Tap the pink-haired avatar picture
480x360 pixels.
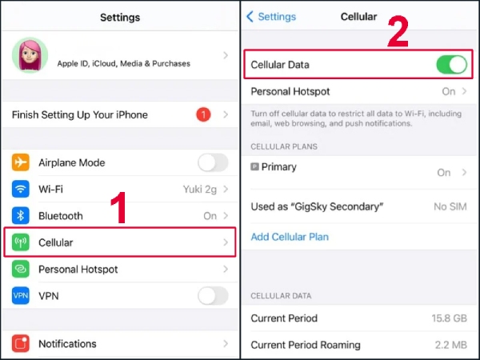[x=30, y=55]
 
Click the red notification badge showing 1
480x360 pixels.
[x=203, y=114]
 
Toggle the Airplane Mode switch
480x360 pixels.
[x=213, y=162]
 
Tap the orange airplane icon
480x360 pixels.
[x=22, y=162]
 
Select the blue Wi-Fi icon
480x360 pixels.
[x=22, y=189]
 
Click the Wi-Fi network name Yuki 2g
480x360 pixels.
[x=200, y=189]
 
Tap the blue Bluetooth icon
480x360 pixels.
[x=22, y=216]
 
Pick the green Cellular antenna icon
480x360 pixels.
[x=22, y=242]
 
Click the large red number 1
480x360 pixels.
[x=118, y=210]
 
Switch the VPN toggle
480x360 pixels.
[x=213, y=296]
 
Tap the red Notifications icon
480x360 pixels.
[x=22, y=344]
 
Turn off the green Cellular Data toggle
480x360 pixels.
[x=451, y=65]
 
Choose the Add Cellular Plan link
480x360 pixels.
[x=290, y=237]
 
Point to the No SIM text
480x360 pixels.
[x=450, y=207]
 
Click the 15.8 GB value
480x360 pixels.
[x=450, y=318]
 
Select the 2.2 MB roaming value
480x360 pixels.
[x=450, y=346]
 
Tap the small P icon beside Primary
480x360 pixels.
[x=255, y=167]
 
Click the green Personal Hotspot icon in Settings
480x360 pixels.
[x=22, y=270]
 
